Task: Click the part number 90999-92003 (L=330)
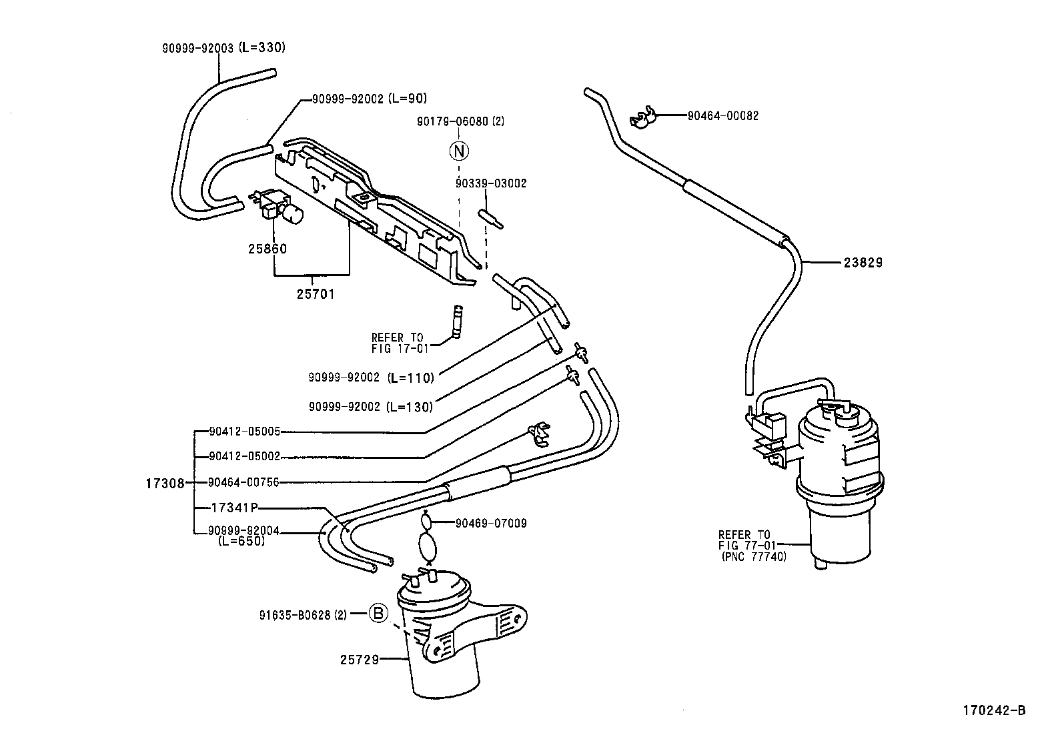[x=223, y=48]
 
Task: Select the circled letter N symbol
[x=459, y=151]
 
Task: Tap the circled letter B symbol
[x=378, y=614]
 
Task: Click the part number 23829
[x=863, y=263]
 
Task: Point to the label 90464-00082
[x=723, y=115]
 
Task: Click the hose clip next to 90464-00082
[x=642, y=118]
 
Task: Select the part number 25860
[x=268, y=249]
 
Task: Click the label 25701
[x=316, y=293]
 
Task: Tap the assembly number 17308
[x=164, y=483]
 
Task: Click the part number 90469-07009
[x=491, y=524]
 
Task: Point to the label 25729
[x=360, y=660]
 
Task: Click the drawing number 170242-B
[x=993, y=710]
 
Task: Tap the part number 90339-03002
[x=491, y=183]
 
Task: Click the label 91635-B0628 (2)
[x=304, y=614]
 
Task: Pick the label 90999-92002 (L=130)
[x=371, y=406]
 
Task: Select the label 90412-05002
[x=244, y=457]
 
